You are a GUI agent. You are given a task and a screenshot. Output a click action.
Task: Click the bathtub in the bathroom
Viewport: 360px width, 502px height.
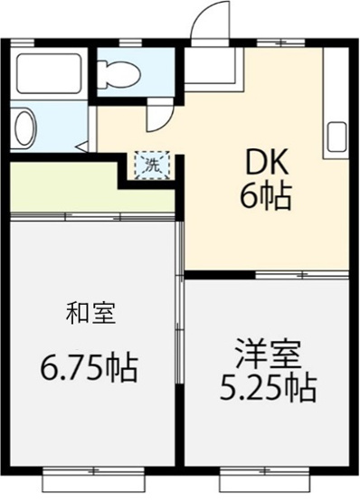50,73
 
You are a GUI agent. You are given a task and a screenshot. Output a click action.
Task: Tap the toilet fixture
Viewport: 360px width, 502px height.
118,73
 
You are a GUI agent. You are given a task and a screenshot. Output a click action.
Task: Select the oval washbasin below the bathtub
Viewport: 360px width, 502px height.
25,128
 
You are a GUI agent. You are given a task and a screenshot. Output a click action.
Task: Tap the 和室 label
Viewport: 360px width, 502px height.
90,314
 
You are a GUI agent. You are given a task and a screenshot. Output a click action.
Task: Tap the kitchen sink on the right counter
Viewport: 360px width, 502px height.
336,136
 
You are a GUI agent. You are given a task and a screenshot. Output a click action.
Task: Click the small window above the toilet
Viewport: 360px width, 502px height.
132,43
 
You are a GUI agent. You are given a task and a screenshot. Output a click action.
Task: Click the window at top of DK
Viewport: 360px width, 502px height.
280,43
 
